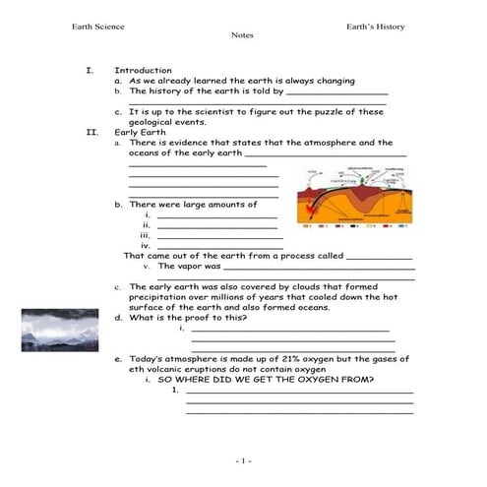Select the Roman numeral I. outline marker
pyautogui.click(x=90, y=71)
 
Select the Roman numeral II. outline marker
pyautogui.click(x=91, y=132)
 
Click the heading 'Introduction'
pyautogui.click(x=143, y=71)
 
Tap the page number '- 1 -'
pyautogui.click(x=244, y=460)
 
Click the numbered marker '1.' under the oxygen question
pyautogui.click(x=174, y=389)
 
